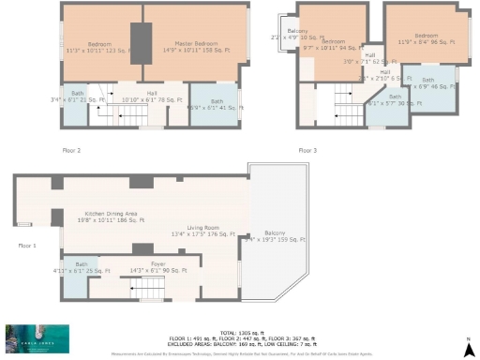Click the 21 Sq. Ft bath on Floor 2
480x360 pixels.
[x=69, y=97]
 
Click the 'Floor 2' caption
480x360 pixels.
[x=71, y=150]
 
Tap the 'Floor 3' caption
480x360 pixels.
[x=307, y=150]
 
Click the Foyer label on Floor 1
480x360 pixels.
[x=157, y=267]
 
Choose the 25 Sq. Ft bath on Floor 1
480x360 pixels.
[x=82, y=269]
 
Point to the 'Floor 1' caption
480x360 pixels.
[x=26, y=246]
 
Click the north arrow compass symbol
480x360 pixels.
[x=467, y=341]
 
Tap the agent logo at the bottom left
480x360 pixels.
[x=37, y=338]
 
